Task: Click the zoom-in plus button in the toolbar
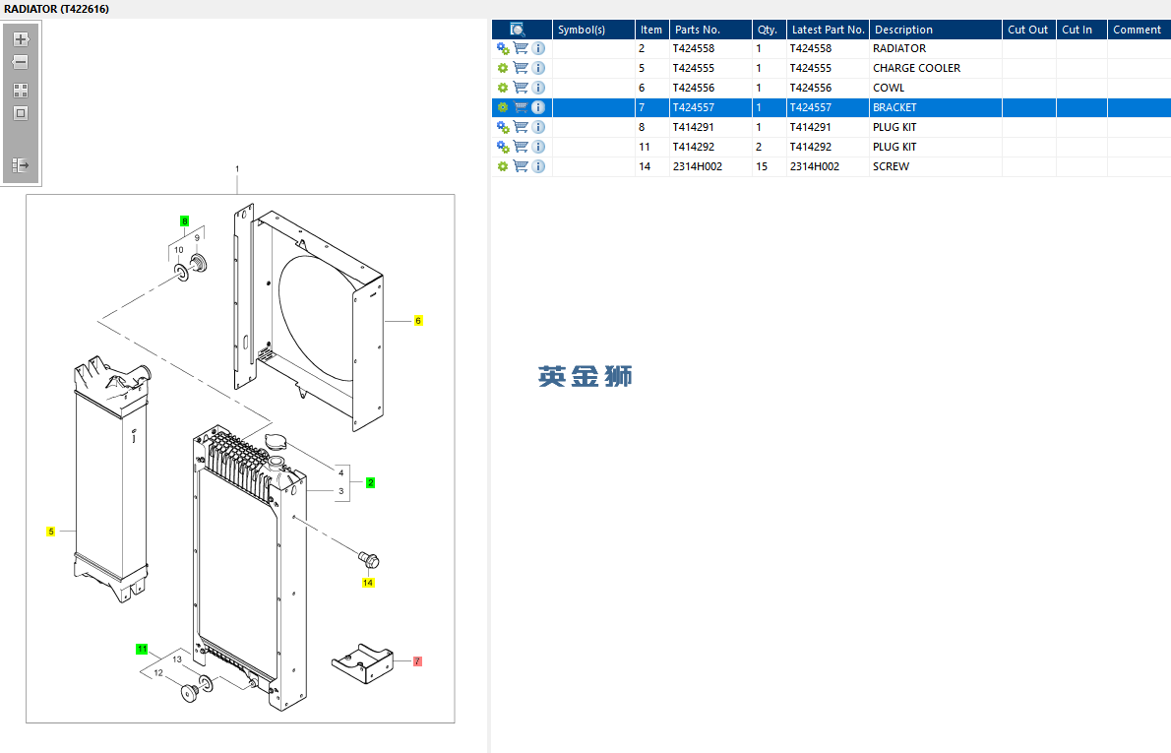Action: tap(21, 39)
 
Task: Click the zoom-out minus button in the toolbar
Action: tap(21, 62)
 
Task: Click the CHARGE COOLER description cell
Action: tap(916, 68)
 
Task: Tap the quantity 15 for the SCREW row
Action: tap(762, 166)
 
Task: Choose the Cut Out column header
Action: tap(1027, 30)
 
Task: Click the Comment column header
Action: tap(1137, 30)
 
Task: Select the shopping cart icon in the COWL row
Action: tap(521, 88)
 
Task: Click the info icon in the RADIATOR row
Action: tap(538, 48)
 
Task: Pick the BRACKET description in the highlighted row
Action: tap(894, 107)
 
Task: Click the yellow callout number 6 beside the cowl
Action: tap(417, 321)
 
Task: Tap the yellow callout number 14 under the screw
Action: tap(368, 583)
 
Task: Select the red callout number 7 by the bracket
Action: tap(417, 661)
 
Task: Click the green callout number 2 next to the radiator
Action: tap(370, 482)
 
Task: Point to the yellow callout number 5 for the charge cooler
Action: tap(51, 532)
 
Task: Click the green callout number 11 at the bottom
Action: tap(142, 649)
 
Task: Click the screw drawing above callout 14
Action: tap(369, 560)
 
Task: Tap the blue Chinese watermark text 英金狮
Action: tap(585, 376)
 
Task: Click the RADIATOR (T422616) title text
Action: tap(56, 9)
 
